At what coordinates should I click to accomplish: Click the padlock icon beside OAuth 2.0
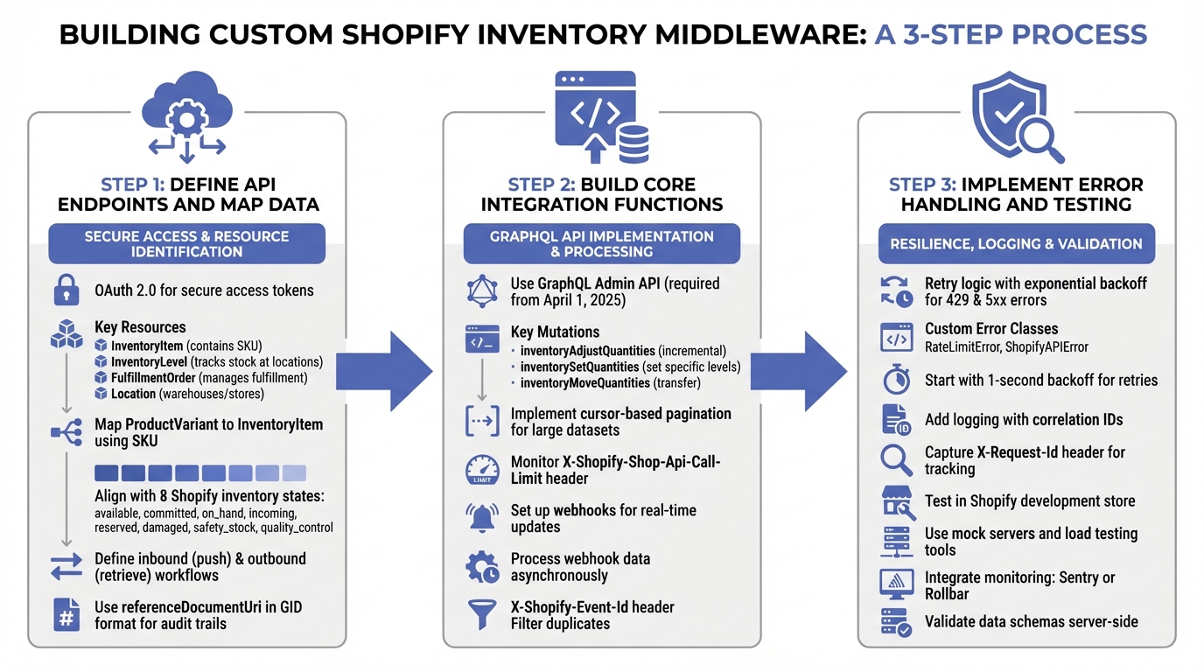(66, 290)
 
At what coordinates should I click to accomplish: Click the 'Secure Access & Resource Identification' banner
(186, 244)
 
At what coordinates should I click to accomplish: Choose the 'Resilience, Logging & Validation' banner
(1016, 244)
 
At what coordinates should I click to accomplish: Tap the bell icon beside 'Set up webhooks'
(482, 518)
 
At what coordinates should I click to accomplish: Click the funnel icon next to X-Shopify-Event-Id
(482, 615)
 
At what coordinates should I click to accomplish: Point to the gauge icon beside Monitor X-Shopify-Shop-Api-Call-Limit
(482, 470)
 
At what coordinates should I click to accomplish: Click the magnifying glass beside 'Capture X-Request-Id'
(897, 460)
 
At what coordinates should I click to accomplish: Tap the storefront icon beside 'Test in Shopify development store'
(897, 502)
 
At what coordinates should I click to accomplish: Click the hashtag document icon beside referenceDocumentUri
(66, 615)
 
